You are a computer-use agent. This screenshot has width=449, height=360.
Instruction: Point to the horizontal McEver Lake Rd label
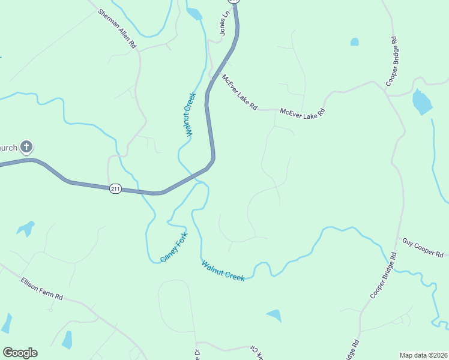point(303,112)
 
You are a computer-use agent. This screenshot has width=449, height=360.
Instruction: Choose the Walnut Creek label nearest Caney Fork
point(223,271)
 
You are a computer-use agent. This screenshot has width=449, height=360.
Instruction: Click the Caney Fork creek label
point(173,247)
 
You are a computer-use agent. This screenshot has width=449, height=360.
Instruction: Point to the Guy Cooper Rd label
point(423,247)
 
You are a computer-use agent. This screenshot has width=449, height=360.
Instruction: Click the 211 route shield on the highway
point(116,189)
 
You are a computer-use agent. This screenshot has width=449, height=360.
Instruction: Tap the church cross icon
point(26,146)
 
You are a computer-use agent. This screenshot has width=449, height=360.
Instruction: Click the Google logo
point(20,353)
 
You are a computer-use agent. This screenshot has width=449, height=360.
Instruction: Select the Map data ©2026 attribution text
point(423,355)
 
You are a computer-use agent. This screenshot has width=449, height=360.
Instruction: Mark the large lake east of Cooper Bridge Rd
point(422,103)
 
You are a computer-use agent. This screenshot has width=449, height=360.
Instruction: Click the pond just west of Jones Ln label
point(194,14)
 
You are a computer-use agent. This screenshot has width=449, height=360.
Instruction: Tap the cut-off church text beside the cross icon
point(8,147)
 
